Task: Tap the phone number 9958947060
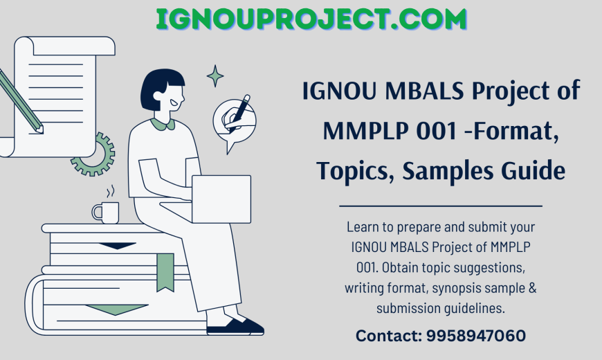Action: coord(477,336)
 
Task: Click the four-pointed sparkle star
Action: coord(215,76)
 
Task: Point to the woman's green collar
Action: coord(163,125)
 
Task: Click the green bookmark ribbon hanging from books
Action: coord(165,271)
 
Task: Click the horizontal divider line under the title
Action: coord(441,206)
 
